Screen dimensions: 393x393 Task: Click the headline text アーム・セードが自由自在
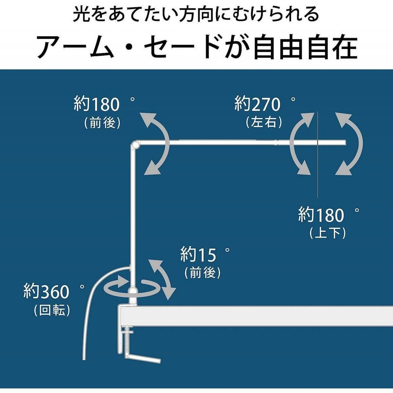(x=196, y=47)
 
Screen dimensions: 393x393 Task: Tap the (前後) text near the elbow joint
(x=102, y=123)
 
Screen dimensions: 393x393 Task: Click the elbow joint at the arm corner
(x=135, y=145)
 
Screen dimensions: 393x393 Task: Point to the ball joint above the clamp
(x=134, y=291)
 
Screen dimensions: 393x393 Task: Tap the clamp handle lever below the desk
(x=144, y=358)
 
